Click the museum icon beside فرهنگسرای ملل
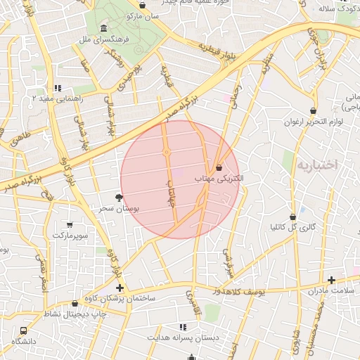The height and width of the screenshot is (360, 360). click(104, 28)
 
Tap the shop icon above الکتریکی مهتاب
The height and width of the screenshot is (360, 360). click(219, 168)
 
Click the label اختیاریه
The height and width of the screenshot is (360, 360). click(317, 165)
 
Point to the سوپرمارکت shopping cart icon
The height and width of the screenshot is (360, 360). click(69, 224)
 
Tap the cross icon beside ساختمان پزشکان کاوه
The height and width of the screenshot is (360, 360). click(120, 288)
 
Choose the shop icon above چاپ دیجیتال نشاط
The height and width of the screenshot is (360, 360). click(75, 304)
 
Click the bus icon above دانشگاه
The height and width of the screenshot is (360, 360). click(24, 330)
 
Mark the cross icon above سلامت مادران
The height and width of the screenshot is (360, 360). click(331, 280)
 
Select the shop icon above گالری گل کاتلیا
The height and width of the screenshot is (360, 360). click(292, 217)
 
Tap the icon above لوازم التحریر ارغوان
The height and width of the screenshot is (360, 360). click(313, 110)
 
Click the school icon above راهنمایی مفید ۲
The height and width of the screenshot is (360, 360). click(58, 88)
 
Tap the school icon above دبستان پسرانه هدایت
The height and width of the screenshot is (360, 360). click(184, 327)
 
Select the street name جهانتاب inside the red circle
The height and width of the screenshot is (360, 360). click(169, 191)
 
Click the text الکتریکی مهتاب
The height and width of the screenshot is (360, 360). click(219, 179)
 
